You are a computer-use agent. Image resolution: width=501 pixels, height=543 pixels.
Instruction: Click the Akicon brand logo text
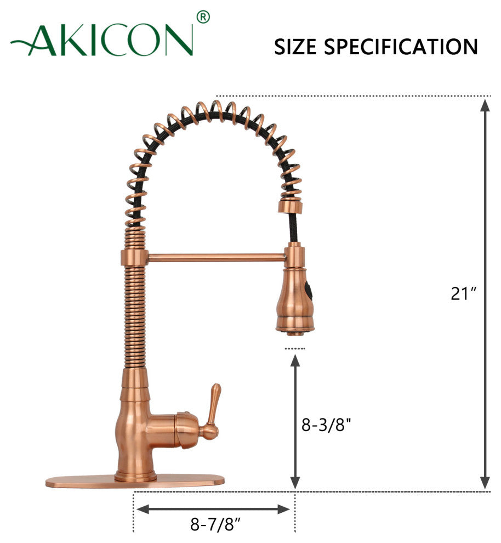(102, 40)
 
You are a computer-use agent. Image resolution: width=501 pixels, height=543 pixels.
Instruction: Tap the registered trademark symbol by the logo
(203, 18)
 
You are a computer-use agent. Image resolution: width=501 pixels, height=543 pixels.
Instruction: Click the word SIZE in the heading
(295, 47)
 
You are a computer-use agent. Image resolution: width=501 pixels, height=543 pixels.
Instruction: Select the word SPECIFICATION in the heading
(401, 47)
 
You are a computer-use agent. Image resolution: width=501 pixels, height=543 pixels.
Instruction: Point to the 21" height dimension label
(464, 293)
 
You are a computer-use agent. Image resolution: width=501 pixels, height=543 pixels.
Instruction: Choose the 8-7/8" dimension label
(215, 524)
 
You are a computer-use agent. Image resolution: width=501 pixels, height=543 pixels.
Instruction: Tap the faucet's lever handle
(210, 411)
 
